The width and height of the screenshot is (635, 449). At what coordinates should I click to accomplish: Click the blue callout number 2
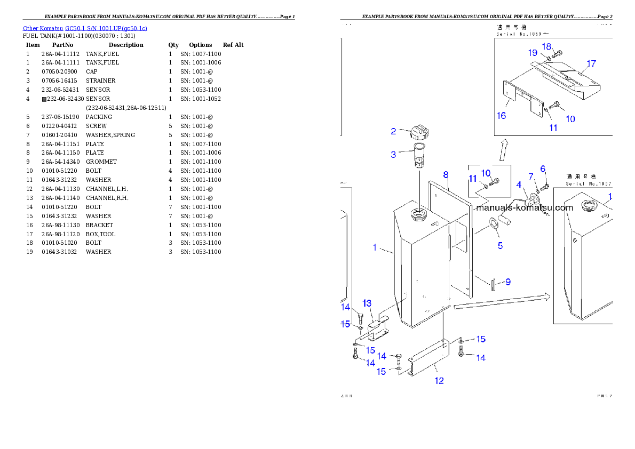click(x=393, y=131)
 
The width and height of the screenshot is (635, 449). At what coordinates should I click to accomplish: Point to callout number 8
click(x=446, y=174)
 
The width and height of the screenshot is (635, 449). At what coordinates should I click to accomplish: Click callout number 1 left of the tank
click(x=375, y=247)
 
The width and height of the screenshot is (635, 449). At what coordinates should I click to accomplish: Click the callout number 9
click(x=507, y=282)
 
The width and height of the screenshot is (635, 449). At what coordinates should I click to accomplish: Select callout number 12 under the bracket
click(x=439, y=381)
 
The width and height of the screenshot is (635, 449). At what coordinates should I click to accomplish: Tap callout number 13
click(x=367, y=303)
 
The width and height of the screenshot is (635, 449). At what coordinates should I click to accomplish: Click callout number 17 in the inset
click(x=591, y=64)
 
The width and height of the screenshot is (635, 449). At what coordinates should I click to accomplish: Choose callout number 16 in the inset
click(x=502, y=116)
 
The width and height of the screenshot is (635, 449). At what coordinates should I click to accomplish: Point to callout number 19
click(x=533, y=52)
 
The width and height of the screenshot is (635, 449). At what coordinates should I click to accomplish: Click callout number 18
click(x=547, y=46)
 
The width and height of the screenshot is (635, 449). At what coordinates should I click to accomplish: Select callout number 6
click(x=543, y=169)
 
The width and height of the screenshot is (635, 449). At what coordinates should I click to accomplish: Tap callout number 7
click(x=531, y=177)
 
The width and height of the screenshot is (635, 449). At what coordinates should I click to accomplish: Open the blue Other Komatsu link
click(x=85, y=28)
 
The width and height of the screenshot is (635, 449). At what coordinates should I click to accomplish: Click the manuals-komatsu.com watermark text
click(x=526, y=208)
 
